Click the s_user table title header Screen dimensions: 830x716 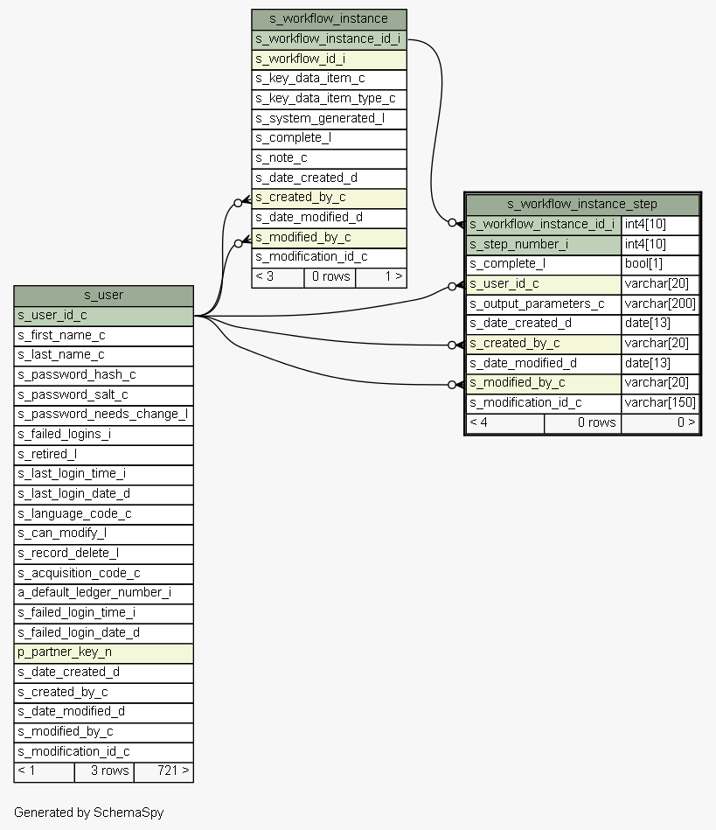pos(103,296)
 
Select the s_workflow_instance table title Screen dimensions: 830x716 pos(329,18)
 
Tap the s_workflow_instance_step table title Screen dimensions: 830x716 pos(581,204)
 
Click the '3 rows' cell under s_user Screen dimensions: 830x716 pos(103,771)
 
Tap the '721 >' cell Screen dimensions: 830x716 pos(163,771)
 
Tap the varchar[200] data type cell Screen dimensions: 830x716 pos(660,303)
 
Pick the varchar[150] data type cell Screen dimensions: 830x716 pos(660,402)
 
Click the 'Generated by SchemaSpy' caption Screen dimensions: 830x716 pos(88,813)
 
